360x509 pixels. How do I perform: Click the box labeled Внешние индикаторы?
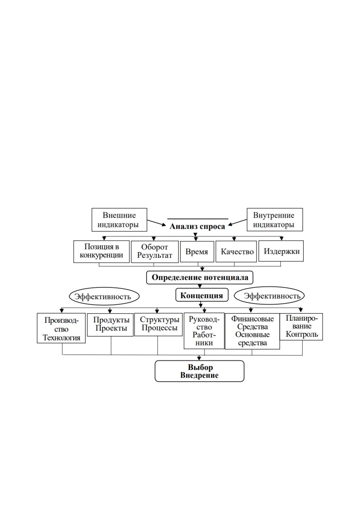[119, 220]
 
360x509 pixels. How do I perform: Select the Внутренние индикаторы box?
[275, 219]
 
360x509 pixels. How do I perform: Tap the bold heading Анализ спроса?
[197, 227]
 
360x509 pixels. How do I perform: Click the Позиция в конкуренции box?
[101, 252]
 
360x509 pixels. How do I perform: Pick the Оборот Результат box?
[155, 252]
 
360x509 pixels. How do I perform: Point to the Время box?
[197, 252]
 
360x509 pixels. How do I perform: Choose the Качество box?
[236, 252]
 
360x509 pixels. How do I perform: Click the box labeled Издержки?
[281, 251]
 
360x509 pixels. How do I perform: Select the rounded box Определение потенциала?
[200, 278]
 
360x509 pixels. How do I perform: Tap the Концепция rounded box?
[202, 295]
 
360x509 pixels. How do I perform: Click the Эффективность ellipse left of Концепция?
[104, 297]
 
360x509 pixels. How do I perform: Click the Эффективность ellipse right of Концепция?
[269, 296]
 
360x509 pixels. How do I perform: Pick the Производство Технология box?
[61, 328]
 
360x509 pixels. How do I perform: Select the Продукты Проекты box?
[110, 325]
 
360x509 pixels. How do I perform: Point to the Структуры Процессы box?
[158, 325]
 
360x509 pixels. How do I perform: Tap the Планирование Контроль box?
[301, 327]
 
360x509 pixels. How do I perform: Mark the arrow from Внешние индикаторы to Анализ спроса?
[157, 223]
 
